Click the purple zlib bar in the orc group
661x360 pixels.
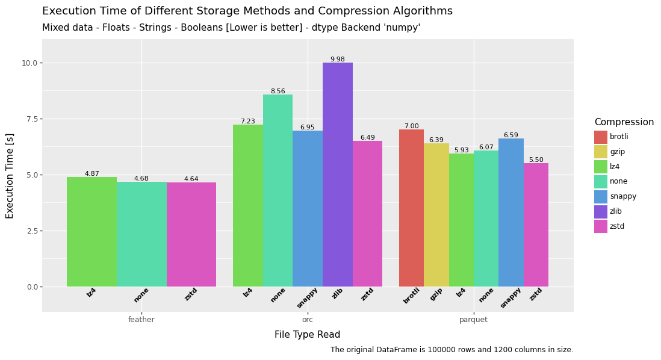point(337,175)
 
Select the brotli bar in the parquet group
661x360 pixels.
point(411,208)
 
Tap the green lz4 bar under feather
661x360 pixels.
point(92,232)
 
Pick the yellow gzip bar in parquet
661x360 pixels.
point(436,215)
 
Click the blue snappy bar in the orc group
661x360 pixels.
point(307,208)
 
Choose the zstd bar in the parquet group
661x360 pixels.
point(536,225)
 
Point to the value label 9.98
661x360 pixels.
point(337,60)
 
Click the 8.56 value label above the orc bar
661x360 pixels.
point(278,92)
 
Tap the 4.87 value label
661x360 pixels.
point(92,174)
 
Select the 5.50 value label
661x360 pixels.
point(536,160)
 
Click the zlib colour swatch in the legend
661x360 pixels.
point(601,211)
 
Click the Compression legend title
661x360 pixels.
point(624,122)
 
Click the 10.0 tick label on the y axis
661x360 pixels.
point(29,63)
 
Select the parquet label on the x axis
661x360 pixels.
point(473,320)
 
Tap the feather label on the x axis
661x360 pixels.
point(141,320)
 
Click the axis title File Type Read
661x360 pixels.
point(307,335)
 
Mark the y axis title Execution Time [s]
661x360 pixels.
point(10,175)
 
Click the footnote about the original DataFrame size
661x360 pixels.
point(452,350)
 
